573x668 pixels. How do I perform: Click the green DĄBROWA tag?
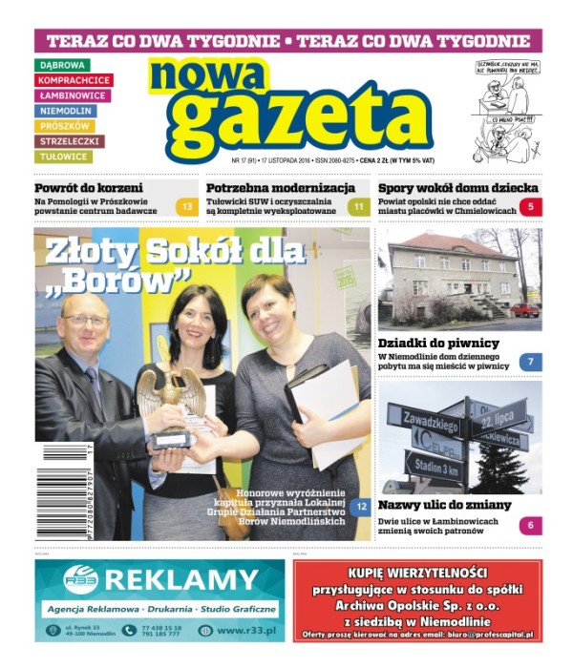[x=62, y=65]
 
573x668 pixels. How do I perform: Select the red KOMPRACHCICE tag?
[x=74, y=80]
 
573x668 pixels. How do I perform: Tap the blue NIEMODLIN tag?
[x=66, y=111]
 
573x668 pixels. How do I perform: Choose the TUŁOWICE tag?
[x=64, y=157]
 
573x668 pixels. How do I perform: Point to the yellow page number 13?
[x=187, y=206]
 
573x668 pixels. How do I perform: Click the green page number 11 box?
[x=358, y=206]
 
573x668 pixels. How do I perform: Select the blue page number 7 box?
[x=531, y=363]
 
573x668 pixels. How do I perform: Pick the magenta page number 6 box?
[x=531, y=525]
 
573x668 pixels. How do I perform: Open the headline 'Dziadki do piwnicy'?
[x=438, y=343]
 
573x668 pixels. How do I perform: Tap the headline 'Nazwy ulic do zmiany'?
[x=444, y=505]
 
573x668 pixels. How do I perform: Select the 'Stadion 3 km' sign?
[x=435, y=469]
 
